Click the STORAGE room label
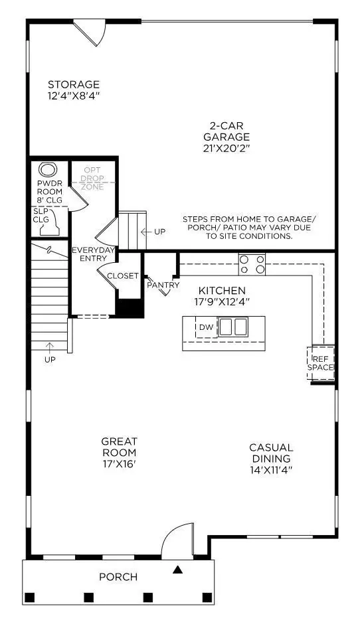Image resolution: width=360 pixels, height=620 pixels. [x=74, y=84]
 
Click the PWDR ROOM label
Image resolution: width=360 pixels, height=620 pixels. [x=49, y=188]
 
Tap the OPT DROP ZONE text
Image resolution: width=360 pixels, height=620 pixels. [x=92, y=178]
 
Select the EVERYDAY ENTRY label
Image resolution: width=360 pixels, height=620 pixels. [x=94, y=254]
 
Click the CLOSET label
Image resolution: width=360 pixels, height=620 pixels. [x=123, y=276]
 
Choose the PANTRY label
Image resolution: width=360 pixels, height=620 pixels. [x=163, y=285]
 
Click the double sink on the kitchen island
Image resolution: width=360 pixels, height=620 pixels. [x=234, y=327]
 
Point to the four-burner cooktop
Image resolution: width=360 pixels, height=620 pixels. [x=252, y=265]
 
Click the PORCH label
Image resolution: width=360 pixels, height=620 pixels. [x=118, y=577]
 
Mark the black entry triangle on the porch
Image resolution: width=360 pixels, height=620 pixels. [x=178, y=569]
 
